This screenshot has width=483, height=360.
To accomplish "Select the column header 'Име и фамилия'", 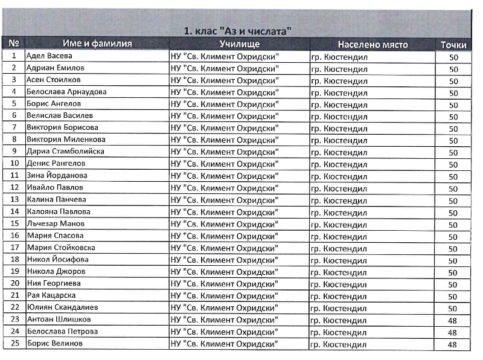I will click(x=97, y=44).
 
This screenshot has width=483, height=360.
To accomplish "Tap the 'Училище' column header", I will click(x=239, y=44).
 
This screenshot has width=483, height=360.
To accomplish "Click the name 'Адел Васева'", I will click(x=54, y=56).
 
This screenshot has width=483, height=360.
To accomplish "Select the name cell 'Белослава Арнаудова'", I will click(x=66, y=92).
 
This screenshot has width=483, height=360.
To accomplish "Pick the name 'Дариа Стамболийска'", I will click(x=65, y=152).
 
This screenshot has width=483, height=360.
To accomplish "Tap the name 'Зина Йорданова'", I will click(x=57, y=176).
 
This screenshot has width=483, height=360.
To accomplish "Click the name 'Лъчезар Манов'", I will click(x=56, y=223).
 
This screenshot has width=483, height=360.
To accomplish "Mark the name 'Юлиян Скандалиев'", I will click(x=62, y=307).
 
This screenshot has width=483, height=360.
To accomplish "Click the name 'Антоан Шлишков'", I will click(x=59, y=319).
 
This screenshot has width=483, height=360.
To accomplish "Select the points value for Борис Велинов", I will click(x=453, y=344).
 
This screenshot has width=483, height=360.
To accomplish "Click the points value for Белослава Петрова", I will click(x=453, y=332).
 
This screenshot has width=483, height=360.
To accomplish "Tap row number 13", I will click(x=14, y=199).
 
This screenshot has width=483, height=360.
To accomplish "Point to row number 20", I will click(x=14, y=283).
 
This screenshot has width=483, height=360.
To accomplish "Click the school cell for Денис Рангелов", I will click(x=225, y=164).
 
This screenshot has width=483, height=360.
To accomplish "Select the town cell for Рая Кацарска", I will click(x=339, y=296).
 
